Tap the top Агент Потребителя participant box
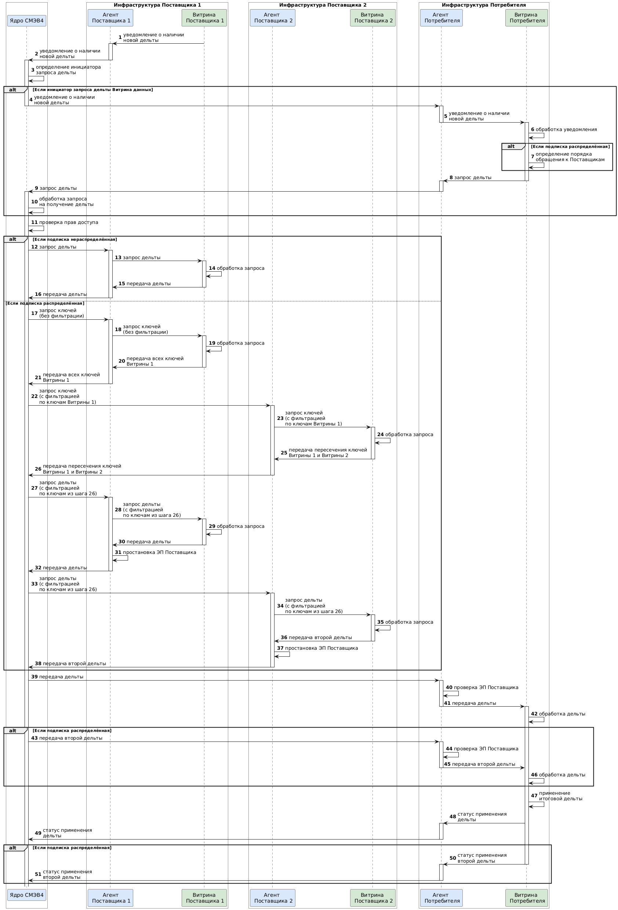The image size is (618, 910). point(441,18)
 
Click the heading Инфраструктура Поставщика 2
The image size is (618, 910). point(323,5)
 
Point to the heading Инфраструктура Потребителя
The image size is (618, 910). point(483,5)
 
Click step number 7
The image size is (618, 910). point(532,157)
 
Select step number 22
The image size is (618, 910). point(34,396)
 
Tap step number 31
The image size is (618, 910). point(118,552)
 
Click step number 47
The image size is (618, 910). point(534,796)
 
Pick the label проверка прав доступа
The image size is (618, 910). point(69,222)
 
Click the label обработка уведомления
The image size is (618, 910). point(566,130)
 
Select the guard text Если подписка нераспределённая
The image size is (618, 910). point(75,239)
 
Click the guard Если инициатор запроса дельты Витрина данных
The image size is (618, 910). point(93,90)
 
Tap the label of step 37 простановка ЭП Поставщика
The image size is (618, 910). point(321,648)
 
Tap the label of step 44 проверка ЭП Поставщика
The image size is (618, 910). point(486,749)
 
